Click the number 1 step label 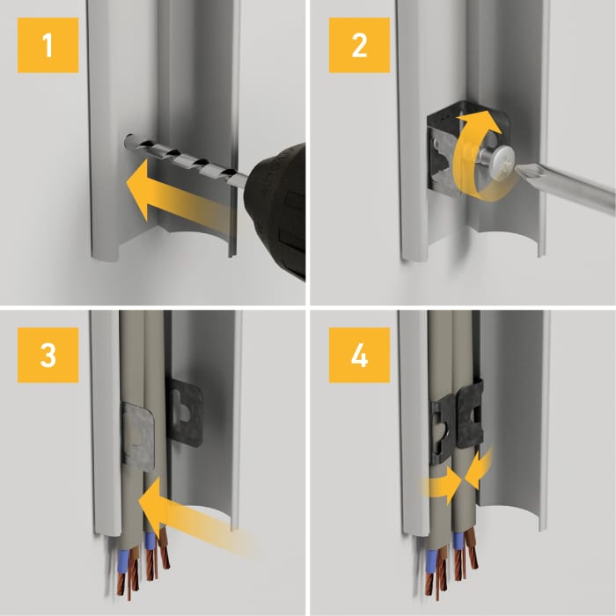[48, 45]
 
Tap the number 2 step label [359, 45]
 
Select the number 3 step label [48, 355]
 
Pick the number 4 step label [359, 355]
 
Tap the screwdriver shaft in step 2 [566, 188]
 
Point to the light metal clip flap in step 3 [137, 436]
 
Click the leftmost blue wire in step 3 [123, 561]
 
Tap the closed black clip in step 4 [458, 421]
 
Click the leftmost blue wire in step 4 [432, 561]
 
